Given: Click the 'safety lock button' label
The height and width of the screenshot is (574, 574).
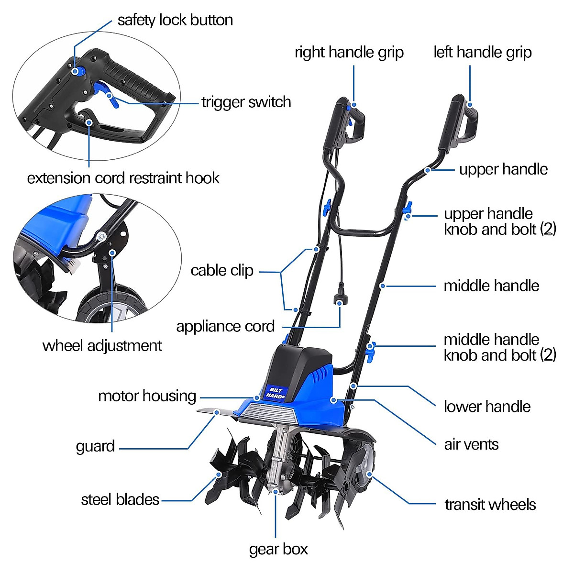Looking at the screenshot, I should [x=175, y=20].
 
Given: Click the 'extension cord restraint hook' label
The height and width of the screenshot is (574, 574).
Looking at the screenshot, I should [x=123, y=178].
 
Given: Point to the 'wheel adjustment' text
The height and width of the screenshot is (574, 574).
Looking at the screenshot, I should [x=102, y=345].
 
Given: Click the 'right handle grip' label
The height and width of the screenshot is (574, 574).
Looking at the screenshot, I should [x=349, y=52].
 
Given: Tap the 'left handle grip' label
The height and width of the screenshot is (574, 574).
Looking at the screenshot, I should [x=482, y=52].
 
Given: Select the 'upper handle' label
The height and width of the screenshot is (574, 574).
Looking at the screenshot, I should [x=503, y=169].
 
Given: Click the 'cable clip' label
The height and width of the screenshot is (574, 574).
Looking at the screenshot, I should [x=221, y=270].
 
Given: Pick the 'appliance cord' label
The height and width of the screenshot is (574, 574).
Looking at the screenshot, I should [x=225, y=326].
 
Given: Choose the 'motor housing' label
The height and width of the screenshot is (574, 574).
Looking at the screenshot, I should [x=147, y=396].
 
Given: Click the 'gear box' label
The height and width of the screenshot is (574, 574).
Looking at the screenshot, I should [x=278, y=549].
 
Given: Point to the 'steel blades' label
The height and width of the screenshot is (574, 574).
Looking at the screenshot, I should [x=120, y=499].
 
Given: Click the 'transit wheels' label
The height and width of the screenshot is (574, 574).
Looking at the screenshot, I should [x=490, y=504].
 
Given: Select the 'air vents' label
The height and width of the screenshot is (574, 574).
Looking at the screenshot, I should [x=471, y=444].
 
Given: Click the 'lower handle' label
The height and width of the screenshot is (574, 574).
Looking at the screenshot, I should [x=487, y=407].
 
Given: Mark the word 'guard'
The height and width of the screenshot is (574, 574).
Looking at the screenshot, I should [x=95, y=446].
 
